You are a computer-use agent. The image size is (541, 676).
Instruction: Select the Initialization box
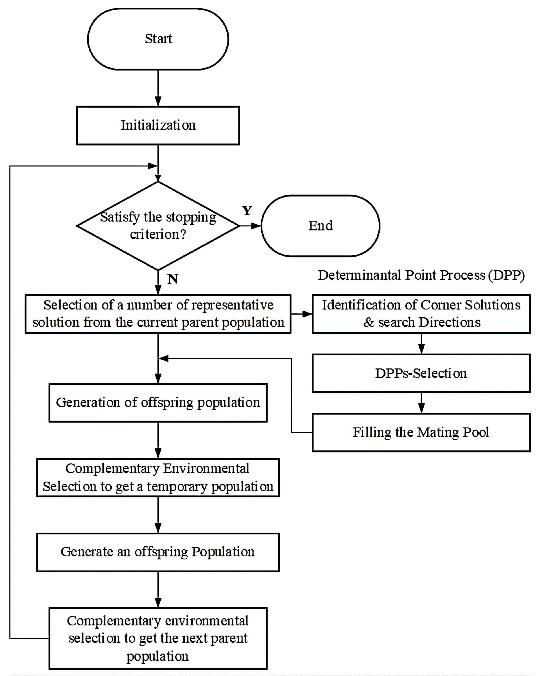click(x=158, y=125)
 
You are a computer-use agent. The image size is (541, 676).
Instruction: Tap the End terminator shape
click(x=321, y=226)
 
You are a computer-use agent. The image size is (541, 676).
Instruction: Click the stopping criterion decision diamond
click(x=158, y=226)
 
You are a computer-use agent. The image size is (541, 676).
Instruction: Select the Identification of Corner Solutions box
click(x=421, y=314)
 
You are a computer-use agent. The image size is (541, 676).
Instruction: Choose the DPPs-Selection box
click(x=421, y=373)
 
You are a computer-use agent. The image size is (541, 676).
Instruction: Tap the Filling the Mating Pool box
click(x=421, y=432)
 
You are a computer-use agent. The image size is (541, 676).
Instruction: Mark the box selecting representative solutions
click(x=158, y=314)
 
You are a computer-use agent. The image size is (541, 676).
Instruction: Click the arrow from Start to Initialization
click(x=158, y=88)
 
